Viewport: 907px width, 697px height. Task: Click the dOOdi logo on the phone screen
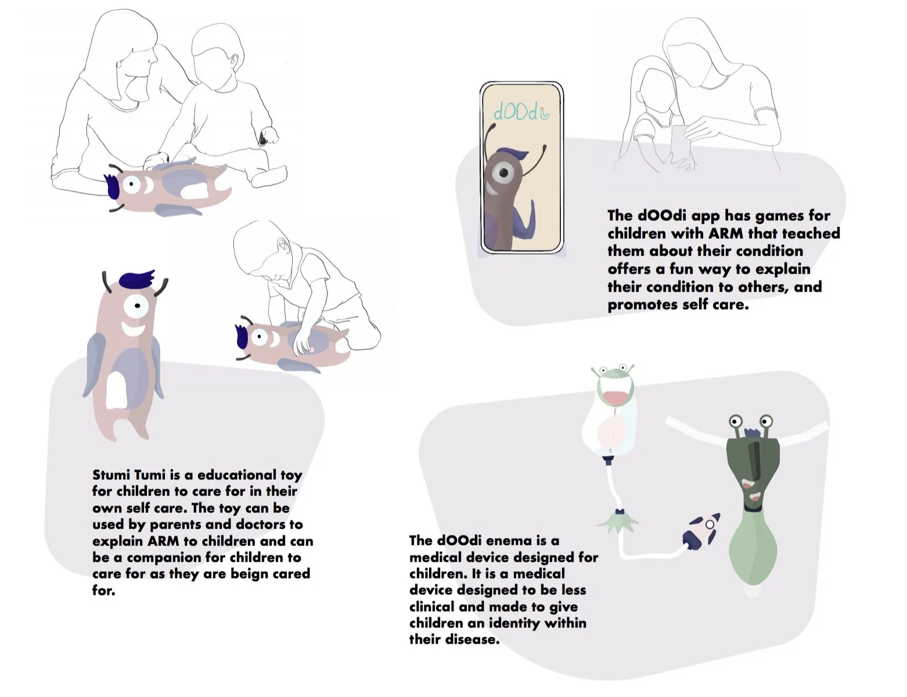click(521, 111)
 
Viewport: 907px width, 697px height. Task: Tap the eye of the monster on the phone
click(504, 173)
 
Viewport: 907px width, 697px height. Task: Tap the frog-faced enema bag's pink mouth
click(614, 397)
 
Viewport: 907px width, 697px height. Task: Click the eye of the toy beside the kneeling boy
click(259, 336)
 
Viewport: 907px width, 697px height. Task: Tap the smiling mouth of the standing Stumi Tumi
click(134, 330)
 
